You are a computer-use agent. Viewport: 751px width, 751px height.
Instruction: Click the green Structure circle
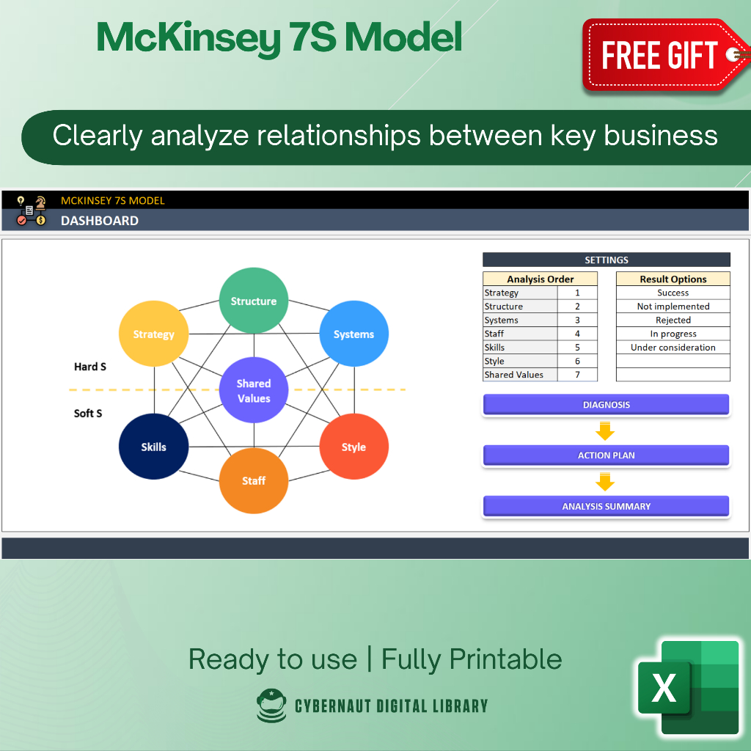click(x=254, y=301)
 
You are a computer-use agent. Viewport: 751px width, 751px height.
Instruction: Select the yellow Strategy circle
click(x=153, y=334)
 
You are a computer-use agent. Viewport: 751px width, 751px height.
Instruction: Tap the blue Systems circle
click(x=353, y=334)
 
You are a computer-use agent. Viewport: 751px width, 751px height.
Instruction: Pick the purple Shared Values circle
click(x=254, y=391)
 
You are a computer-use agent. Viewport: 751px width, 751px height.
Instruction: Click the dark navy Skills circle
click(x=153, y=447)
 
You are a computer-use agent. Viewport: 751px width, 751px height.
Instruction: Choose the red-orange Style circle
click(x=353, y=447)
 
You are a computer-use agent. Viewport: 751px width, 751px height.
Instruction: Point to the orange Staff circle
click(x=254, y=480)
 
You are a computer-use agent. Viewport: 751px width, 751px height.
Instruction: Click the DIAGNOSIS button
click(x=606, y=405)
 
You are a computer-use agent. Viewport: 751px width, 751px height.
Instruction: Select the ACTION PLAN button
click(x=606, y=455)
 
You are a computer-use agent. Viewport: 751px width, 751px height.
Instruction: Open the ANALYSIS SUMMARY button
click(x=606, y=506)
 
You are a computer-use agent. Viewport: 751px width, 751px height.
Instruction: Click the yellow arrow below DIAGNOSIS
click(x=605, y=431)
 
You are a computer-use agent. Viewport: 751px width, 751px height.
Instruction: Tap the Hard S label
click(x=90, y=367)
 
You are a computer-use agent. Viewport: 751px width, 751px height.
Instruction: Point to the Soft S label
click(x=88, y=414)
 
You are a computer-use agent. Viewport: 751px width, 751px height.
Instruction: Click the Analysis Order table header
click(x=540, y=279)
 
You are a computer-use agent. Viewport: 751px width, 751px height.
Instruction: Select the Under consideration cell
click(x=673, y=348)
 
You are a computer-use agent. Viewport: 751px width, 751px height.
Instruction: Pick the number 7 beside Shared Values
click(x=577, y=375)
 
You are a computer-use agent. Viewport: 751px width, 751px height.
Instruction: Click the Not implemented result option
click(x=673, y=307)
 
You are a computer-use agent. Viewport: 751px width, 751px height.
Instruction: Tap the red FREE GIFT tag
click(x=660, y=56)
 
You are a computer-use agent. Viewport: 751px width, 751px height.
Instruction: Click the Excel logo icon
click(x=687, y=687)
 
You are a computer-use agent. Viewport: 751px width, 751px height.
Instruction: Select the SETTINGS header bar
click(x=606, y=260)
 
